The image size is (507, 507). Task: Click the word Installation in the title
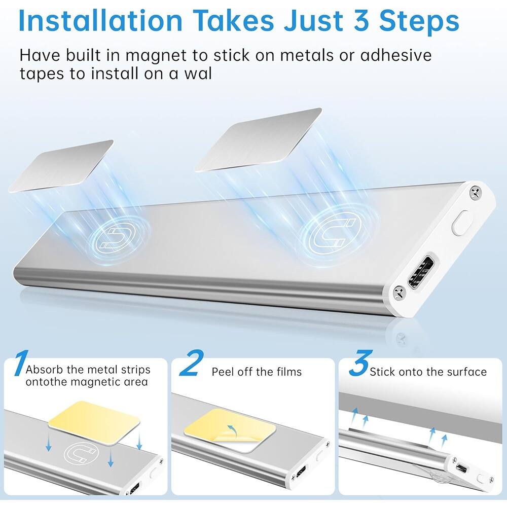(x=100, y=21)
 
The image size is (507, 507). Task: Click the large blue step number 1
(x=19, y=364)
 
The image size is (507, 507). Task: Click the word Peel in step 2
(x=223, y=372)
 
